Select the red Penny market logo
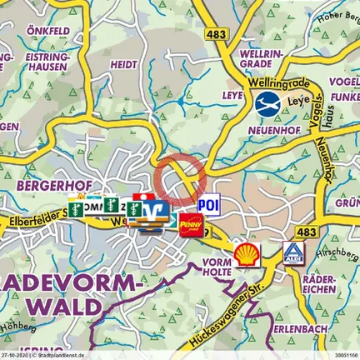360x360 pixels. tap(190, 223)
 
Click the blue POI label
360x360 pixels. tap(207, 205)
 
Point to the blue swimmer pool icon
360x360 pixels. tap(267, 104)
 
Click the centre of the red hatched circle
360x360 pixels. tap(180, 177)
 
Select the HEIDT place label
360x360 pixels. tap(124, 63)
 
